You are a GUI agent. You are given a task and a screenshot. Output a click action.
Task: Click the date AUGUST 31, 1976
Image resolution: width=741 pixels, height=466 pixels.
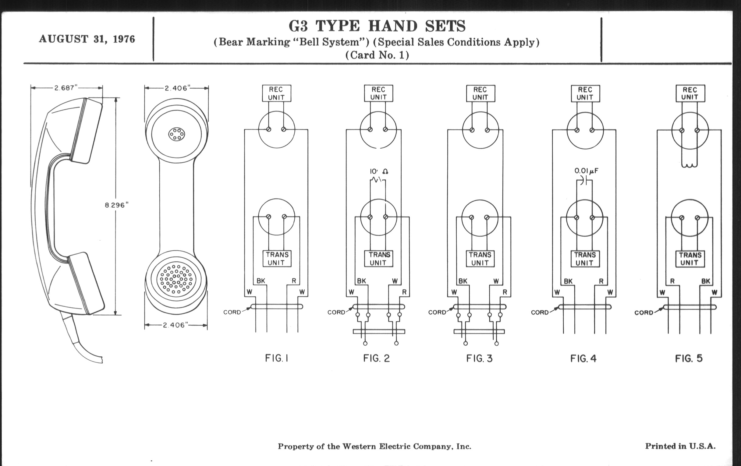click(87, 39)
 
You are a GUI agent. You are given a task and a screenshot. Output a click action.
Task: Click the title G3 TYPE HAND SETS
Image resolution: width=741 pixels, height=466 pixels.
click(377, 26)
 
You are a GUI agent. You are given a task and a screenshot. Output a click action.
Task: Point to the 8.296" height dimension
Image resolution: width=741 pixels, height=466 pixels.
click(116, 205)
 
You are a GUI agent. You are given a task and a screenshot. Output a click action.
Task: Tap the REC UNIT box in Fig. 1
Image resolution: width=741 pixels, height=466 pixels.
click(276, 93)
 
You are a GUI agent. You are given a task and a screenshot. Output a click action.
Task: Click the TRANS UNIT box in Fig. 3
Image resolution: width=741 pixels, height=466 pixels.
click(480, 259)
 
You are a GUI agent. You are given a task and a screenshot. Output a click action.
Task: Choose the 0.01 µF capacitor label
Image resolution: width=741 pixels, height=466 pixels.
click(586, 171)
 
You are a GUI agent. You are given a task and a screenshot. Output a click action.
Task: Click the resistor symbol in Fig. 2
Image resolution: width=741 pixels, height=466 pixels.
click(377, 180)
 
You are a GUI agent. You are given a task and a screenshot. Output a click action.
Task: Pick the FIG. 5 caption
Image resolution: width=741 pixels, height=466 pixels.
click(689, 358)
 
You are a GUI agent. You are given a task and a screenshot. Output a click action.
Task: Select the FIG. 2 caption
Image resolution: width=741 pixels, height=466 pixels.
click(376, 358)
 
